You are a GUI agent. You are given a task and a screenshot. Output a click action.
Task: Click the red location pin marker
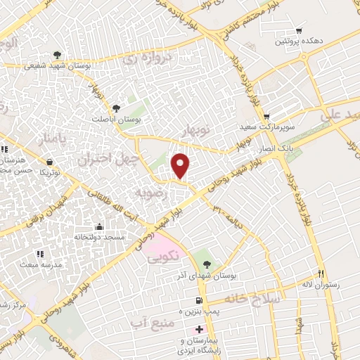click(x=181, y=165)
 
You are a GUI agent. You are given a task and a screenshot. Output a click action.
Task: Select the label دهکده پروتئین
click(x=299, y=42)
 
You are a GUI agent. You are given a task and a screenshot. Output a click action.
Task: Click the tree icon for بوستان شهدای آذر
click(x=206, y=264)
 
